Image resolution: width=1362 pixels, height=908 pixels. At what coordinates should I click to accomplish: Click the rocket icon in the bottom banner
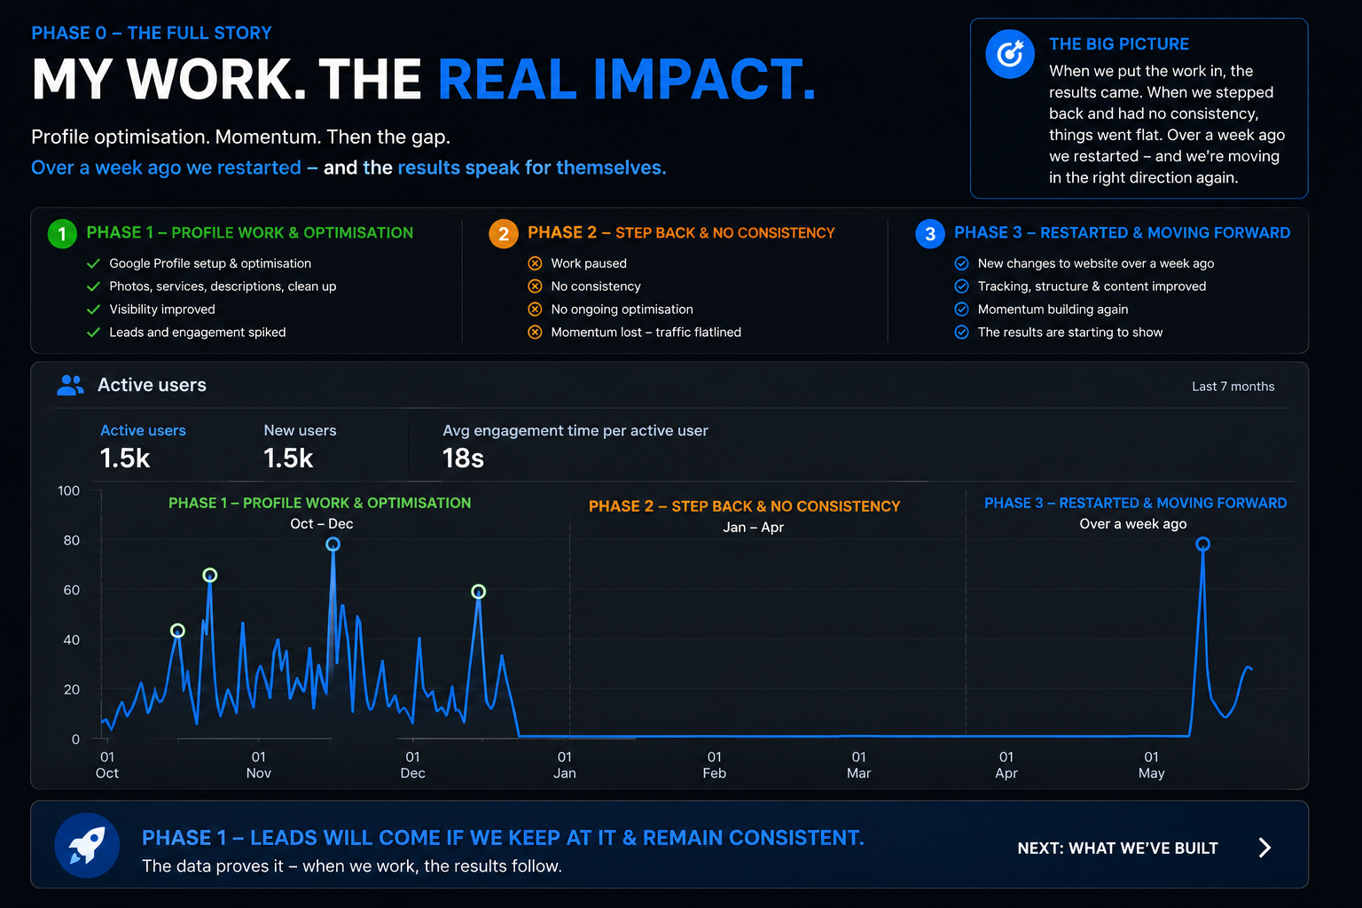(86, 845)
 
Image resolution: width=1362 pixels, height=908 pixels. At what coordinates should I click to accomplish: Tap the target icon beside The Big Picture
(1009, 54)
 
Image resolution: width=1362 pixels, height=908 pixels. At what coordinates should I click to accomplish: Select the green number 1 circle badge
(62, 233)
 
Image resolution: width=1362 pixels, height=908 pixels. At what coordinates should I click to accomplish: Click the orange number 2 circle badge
(504, 233)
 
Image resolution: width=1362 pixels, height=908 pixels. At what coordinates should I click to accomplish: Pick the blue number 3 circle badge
(929, 233)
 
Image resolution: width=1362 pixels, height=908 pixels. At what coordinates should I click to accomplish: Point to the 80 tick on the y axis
(71, 540)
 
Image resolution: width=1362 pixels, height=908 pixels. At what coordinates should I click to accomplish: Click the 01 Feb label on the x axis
(715, 764)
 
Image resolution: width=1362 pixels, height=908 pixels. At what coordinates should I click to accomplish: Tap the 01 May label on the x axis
(1151, 764)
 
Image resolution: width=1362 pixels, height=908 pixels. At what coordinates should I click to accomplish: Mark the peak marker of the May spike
(1202, 544)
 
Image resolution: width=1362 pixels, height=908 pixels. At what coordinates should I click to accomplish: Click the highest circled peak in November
(333, 544)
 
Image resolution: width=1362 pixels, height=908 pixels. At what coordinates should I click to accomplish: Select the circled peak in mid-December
(479, 591)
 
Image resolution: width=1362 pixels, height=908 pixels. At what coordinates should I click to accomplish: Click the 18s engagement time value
(463, 458)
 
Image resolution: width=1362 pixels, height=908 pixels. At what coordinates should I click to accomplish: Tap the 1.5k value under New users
(288, 458)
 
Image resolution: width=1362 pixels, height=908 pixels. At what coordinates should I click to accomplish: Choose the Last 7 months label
(1233, 387)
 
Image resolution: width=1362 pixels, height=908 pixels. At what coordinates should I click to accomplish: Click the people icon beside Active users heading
(70, 385)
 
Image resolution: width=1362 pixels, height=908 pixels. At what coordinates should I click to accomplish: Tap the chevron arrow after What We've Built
(1264, 847)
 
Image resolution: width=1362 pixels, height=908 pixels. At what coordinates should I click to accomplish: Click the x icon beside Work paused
(535, 262)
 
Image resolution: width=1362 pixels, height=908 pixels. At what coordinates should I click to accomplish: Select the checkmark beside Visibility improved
(93, 309)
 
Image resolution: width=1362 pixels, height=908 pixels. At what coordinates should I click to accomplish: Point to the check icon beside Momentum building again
(961, 309)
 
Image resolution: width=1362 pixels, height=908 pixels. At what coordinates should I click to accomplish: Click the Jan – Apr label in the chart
(753, 527)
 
